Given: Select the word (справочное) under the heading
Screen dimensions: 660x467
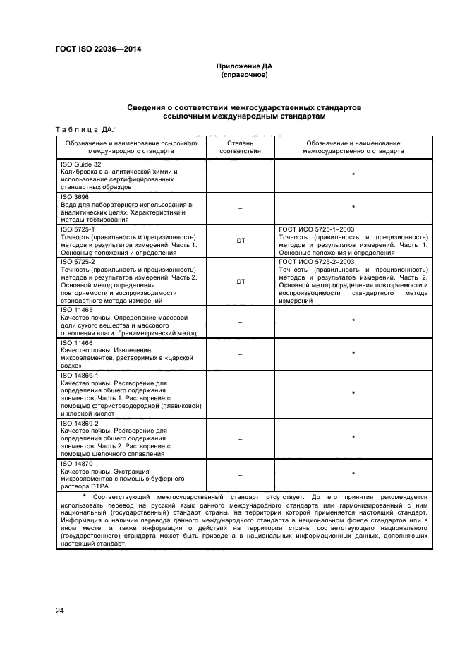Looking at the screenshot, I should coord(243,74).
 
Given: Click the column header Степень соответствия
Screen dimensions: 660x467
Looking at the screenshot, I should coord(240,146).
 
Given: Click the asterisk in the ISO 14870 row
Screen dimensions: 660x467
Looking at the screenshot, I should coord(353,474).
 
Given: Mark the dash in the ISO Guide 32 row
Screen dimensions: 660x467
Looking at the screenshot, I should coord(240,174).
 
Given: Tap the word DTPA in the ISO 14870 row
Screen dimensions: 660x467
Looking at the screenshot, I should coord(92,486).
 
